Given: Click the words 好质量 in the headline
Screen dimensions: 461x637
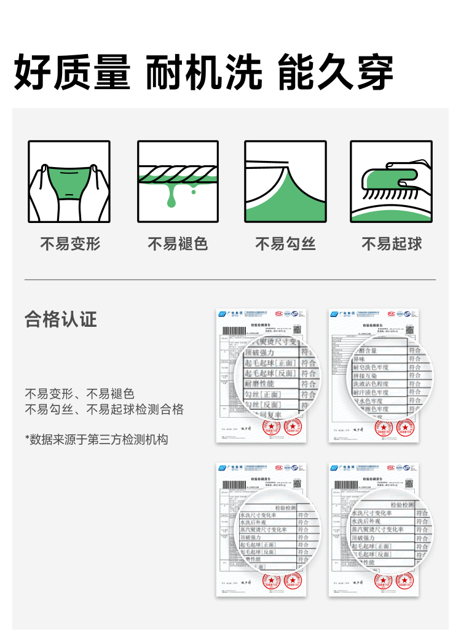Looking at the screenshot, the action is tap(73, 72).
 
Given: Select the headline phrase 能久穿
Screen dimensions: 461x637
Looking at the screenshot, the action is tap(336, 72).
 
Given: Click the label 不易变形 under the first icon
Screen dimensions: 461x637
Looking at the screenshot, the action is tap(70, 244).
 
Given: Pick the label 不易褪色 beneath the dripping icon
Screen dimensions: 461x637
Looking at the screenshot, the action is tap(178, 244).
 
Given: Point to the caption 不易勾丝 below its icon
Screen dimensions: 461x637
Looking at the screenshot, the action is tap(285, 244).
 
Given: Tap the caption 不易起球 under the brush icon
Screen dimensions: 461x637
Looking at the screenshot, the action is tap(392, 244).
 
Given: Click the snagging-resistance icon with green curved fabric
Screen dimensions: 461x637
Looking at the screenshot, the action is tap(285, 181).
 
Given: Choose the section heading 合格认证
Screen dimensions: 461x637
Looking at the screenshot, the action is tap(61, 319).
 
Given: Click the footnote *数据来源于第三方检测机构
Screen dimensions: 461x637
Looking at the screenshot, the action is tap(97, 439).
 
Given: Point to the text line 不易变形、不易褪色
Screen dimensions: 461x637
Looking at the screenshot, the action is tap(79, 394).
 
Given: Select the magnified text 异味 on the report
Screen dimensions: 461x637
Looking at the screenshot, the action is tap(360, 359).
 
